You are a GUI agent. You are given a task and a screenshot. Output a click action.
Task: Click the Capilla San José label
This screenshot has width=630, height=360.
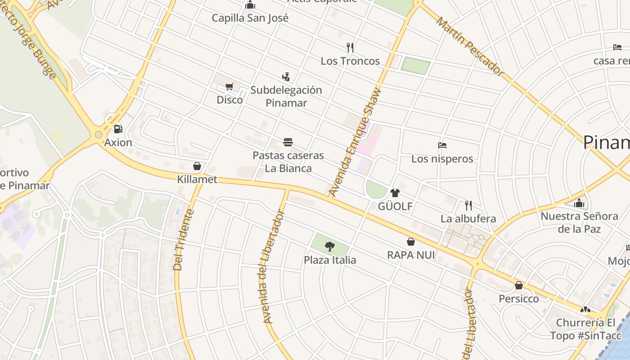coord(250,18)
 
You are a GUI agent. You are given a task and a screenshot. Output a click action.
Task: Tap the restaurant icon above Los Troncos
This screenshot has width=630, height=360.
coord(350,47)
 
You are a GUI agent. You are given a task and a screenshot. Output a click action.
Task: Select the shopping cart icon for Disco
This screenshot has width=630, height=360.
coord(229,86)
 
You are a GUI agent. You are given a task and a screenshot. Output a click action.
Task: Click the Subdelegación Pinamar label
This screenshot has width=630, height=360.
coord(286,96)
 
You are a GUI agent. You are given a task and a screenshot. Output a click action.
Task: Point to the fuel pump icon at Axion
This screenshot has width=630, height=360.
coord(118,129)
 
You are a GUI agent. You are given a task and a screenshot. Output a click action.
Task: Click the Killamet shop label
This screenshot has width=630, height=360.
coord(197,180)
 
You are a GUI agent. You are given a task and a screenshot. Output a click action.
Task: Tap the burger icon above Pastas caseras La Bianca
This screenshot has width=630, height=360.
coord(288,142)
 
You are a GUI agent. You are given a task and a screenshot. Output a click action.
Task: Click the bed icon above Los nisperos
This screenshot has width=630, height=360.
coord(442,145)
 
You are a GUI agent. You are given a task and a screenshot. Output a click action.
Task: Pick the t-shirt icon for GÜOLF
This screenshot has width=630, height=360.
coord(395,193)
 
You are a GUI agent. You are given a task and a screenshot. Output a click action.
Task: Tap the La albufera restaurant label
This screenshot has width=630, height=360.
coord(468,219)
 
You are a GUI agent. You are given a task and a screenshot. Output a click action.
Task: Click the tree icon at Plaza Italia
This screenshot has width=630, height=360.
coord(330,246)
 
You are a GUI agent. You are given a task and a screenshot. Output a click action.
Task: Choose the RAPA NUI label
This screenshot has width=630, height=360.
coord(411,255)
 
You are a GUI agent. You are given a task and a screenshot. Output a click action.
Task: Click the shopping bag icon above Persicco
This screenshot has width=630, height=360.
coord(518,285)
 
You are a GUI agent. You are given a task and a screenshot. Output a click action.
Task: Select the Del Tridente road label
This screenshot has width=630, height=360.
coord(184,240)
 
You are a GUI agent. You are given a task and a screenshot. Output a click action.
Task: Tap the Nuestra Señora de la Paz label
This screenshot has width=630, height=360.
coord(579,222)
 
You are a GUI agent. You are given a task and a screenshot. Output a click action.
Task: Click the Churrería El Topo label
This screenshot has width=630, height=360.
coord(585,329)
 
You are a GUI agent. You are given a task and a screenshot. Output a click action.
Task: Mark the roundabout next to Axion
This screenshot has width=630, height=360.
coord(99,135)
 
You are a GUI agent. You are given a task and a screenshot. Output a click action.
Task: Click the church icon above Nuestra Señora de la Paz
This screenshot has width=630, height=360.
coord(579,203)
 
